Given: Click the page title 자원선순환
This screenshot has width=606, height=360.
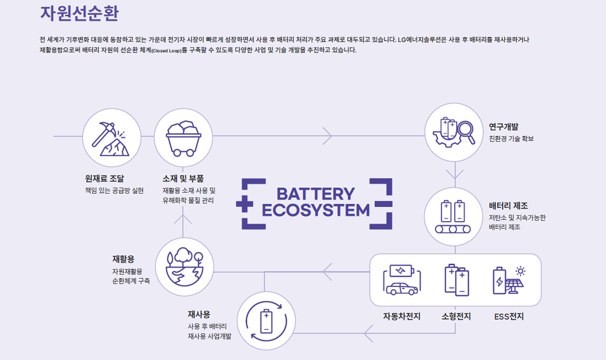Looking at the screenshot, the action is [79, 13].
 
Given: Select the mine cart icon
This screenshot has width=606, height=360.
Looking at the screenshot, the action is [183, 138].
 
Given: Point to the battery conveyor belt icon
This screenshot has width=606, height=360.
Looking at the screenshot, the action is [453, 217].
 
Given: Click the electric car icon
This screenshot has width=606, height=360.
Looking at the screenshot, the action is [402, 280].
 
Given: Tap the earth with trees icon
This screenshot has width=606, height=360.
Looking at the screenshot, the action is [185, 267].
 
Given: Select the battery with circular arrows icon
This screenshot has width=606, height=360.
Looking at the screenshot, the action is [266, 321].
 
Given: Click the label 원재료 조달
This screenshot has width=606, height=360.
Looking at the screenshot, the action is [104, 179].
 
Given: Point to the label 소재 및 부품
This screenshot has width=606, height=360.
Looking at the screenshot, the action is [183, 179].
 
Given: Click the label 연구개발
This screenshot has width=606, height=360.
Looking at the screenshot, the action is [503, 127].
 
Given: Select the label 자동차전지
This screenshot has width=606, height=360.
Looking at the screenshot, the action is [402, 317].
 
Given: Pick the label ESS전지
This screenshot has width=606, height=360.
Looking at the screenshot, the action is [509, 317].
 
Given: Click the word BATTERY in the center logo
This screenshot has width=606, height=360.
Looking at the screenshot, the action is [315, 194].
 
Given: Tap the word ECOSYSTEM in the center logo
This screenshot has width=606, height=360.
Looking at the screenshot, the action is [315, 210].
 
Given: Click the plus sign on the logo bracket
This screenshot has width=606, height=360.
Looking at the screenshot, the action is [244, 204].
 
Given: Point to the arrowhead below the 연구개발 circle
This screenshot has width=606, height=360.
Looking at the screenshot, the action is [455, 174].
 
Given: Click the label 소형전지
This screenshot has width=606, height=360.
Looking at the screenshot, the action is [456, 317].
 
